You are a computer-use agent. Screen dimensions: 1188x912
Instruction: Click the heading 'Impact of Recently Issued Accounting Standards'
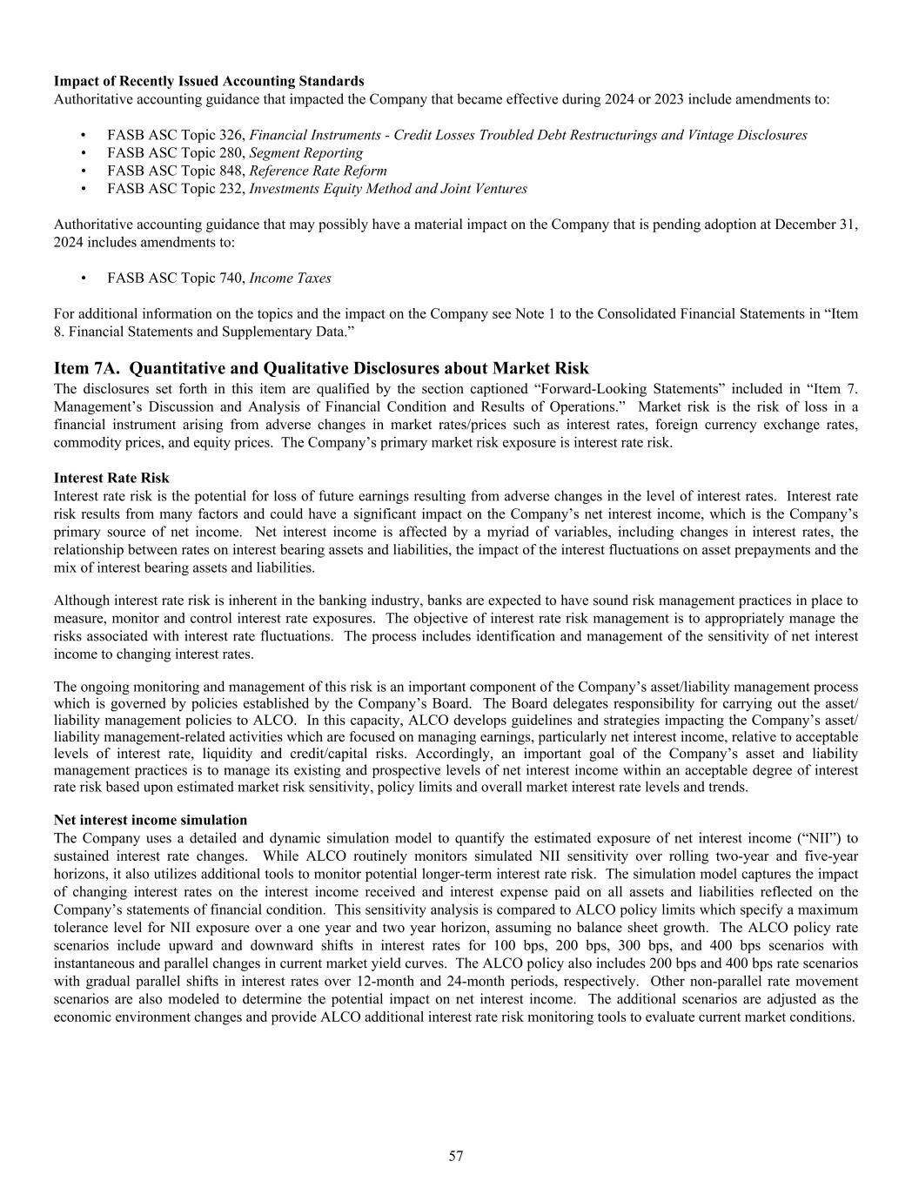point(209,81)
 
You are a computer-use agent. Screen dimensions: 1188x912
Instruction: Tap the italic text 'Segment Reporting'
point(305,153)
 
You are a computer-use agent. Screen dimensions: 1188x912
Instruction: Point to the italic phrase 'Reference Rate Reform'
point(318,171)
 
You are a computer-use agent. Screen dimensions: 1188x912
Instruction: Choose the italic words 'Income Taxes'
point(290,279)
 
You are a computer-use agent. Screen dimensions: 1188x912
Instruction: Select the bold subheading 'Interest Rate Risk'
point(111,478)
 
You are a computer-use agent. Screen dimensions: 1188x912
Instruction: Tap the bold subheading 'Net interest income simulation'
point(151,820)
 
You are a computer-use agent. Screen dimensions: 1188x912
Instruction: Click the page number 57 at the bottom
point(456,1156)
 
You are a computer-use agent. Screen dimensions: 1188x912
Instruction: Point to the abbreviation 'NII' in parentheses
point(815,838)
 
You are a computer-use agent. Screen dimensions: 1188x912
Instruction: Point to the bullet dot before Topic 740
point(83,279)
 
